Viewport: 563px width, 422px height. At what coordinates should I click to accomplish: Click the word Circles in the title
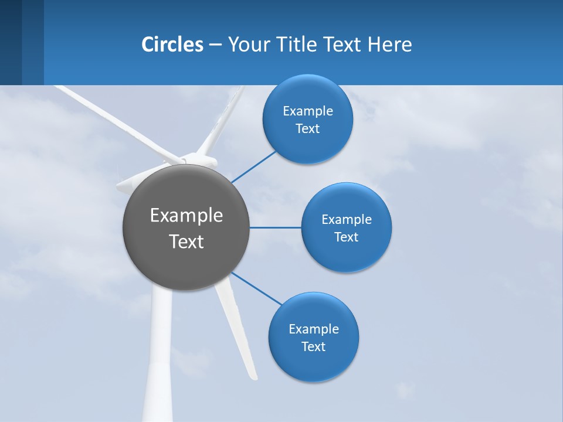(172, 45)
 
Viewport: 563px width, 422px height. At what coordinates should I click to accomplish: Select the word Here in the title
(389, 45)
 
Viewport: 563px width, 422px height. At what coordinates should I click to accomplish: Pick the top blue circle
(307, 147)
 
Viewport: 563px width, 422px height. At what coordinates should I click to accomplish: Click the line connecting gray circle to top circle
(253, 166)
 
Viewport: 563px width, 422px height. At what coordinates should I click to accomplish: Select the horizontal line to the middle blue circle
(275, 227)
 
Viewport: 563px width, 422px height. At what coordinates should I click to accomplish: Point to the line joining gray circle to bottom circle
(257, 289)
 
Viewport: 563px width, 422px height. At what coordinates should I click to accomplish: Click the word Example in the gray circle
(186, 216)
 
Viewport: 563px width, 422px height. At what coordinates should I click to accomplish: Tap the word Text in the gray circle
(186, 241)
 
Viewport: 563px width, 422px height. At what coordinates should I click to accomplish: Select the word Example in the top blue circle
(307, 111)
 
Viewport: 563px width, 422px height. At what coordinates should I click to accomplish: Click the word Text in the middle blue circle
(346, 237)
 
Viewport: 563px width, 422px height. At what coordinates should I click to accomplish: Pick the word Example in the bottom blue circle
(313, 329)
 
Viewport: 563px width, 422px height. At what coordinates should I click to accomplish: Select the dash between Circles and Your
(215, 45)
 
